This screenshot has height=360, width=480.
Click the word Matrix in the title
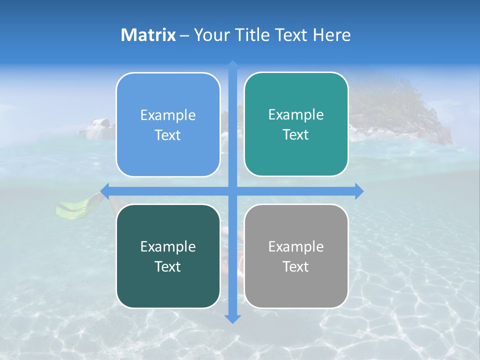(x=148, y=35)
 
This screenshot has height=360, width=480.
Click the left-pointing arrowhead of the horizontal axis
(x=104, y=191)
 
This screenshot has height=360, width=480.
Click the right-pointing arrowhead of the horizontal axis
(x=359, y=191)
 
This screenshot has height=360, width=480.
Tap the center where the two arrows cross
(x=232, y=191)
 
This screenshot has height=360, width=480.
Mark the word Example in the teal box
(x=296, y=115)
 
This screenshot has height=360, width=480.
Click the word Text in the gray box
(x=296, y=266)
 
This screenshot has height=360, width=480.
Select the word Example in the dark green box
(x=168, y=246)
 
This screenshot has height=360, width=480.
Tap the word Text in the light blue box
(x=168, y=135)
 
